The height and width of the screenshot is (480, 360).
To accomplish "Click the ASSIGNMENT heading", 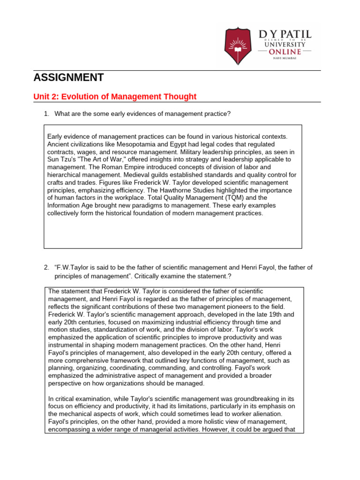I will click(x=68, y=77).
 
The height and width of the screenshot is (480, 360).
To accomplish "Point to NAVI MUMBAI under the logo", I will click(x=282, y=59).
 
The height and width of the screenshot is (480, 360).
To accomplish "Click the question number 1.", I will click(x=46, y=113).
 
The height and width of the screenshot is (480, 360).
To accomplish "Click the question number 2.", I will click(x=46, y=267).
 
